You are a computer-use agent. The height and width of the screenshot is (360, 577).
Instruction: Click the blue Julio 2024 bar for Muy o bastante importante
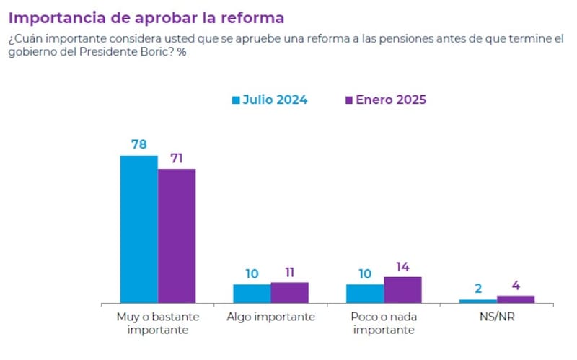138,229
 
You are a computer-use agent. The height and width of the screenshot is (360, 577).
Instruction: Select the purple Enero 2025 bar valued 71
177,235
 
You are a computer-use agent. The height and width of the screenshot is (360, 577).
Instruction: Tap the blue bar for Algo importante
252,293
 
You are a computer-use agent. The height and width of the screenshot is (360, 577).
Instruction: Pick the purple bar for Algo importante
289,292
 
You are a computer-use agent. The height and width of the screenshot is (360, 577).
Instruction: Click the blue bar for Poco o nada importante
365,293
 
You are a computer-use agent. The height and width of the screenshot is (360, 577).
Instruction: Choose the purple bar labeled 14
402,289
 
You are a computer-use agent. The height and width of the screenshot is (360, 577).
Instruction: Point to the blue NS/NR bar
478,301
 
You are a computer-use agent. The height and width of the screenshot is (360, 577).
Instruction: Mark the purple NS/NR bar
516,299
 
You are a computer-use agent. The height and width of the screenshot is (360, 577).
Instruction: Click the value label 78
138,144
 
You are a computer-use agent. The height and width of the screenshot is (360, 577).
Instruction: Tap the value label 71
177,157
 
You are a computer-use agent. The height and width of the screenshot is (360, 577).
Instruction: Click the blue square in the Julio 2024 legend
236,100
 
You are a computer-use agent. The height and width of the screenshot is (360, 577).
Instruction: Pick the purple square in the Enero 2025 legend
349,100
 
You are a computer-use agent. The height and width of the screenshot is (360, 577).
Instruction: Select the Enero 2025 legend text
391,100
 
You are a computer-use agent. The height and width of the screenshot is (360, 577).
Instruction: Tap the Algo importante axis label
270,317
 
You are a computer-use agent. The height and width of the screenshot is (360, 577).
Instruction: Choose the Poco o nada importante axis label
384,323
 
